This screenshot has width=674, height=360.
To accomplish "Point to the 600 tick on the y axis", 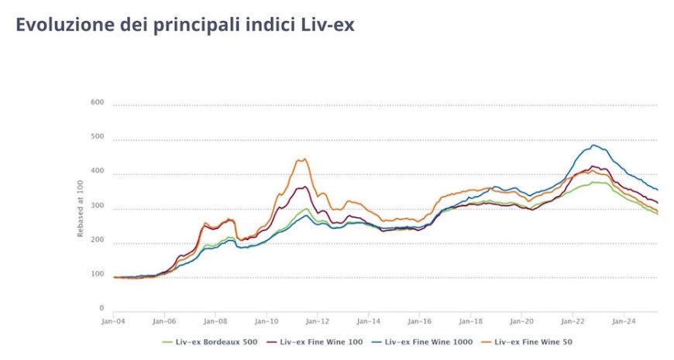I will coord(97,102).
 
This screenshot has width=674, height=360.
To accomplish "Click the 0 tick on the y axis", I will coord(101,308).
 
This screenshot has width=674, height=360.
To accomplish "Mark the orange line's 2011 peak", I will coord(304,159).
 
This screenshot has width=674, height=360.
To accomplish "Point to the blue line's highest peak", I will coord(594,145).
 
